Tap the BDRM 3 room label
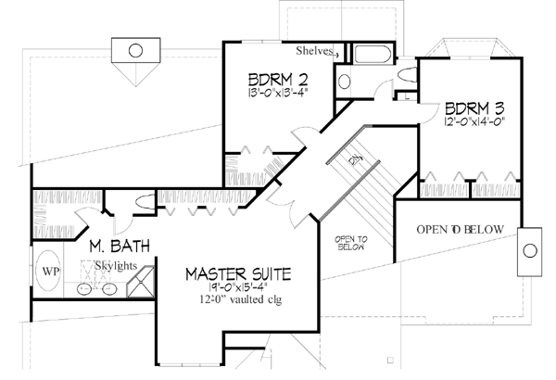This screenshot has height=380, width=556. (x=474, y=107)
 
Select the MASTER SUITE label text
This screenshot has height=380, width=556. (x=238, y=274)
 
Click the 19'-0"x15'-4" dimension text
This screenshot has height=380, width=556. (x=237, y=288)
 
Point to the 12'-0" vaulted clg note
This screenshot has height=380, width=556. (x=238, y=301)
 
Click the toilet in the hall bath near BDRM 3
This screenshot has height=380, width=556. (x=405, y=73)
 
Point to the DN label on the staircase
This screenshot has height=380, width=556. (x=353, y=160)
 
